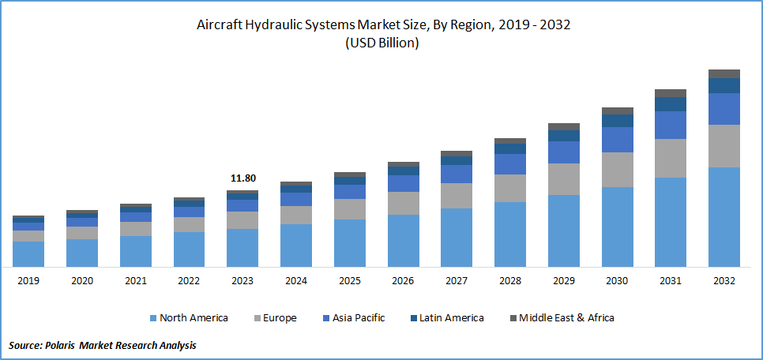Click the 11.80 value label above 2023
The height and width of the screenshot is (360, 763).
tap(242, 178)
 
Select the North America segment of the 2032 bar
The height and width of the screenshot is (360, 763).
tap(724, 216)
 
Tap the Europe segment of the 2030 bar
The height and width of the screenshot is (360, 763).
tap(617, 170)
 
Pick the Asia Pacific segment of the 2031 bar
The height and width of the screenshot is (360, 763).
tap(671, 125)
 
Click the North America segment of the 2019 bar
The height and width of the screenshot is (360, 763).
tap(28, 253)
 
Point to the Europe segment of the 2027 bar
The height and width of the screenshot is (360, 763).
tap(457, 196)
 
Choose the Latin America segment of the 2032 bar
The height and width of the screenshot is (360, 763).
tap(724, 85)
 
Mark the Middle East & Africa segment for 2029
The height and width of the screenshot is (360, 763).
tap(563, 126)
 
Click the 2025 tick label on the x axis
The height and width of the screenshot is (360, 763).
tap(349, 281)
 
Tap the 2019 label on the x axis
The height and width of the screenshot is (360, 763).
tap(28, 281)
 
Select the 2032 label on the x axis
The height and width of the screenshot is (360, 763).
tap(724, 281)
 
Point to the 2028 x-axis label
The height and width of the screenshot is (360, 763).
tap(509, 281)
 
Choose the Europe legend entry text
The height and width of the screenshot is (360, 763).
tap(280, 318)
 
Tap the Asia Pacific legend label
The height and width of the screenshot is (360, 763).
tap(359, 318)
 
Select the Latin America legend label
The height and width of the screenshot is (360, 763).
tap(451, 318)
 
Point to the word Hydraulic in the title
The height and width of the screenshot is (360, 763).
tap(279, 25)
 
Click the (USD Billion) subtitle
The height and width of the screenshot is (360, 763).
tap(381, 43)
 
